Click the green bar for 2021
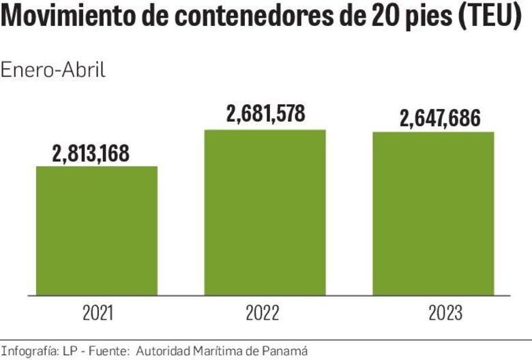[x=97, y=230]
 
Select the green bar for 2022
[x=265, y=212]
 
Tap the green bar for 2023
[x=433, y=213]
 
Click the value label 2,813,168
[x=91, y=153]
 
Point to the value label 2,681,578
[x=265, y=114]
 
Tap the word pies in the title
[x=422, y=18]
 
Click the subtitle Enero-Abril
[x=53, y=70]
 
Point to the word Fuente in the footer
[x=106, y=350]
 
